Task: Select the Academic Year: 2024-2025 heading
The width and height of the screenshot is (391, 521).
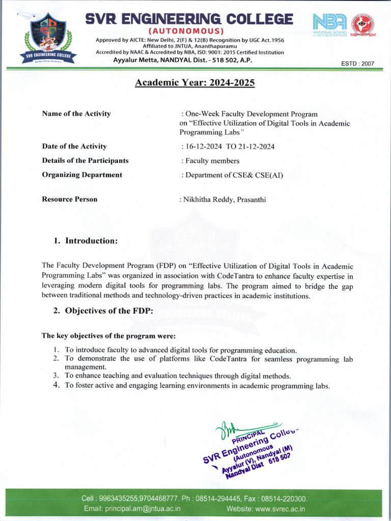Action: point(194,82)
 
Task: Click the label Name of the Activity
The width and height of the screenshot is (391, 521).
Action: point(76,114)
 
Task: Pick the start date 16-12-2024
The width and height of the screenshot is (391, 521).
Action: point(204,147)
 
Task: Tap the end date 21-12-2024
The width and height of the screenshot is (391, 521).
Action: point(256,147)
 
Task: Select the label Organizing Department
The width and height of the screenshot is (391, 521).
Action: point(82,175)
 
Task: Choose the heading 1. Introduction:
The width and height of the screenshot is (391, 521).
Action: point(86,240)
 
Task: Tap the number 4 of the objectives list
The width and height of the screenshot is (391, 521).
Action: point(57,385)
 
